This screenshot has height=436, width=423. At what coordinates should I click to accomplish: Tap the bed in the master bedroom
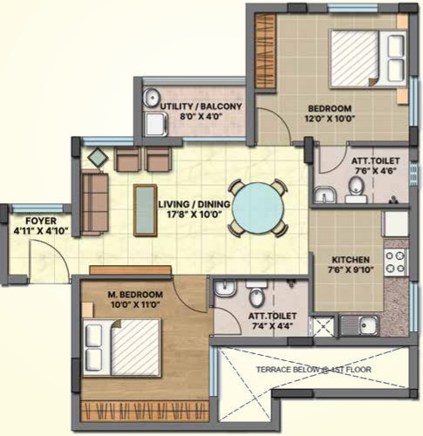pyautogui.click(x=122, y=348)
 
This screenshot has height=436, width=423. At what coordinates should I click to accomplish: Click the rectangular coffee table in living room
pyautogui.click(x=145, y=210)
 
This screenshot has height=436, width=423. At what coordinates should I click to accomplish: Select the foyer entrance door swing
pyautogui.click(x=44, y=257)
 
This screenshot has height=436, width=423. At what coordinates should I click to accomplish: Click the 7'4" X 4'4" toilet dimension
pyautogui.click(x=271, y=326)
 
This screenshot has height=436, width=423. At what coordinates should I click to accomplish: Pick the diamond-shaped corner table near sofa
pyautogui.click(x=97, y=158)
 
